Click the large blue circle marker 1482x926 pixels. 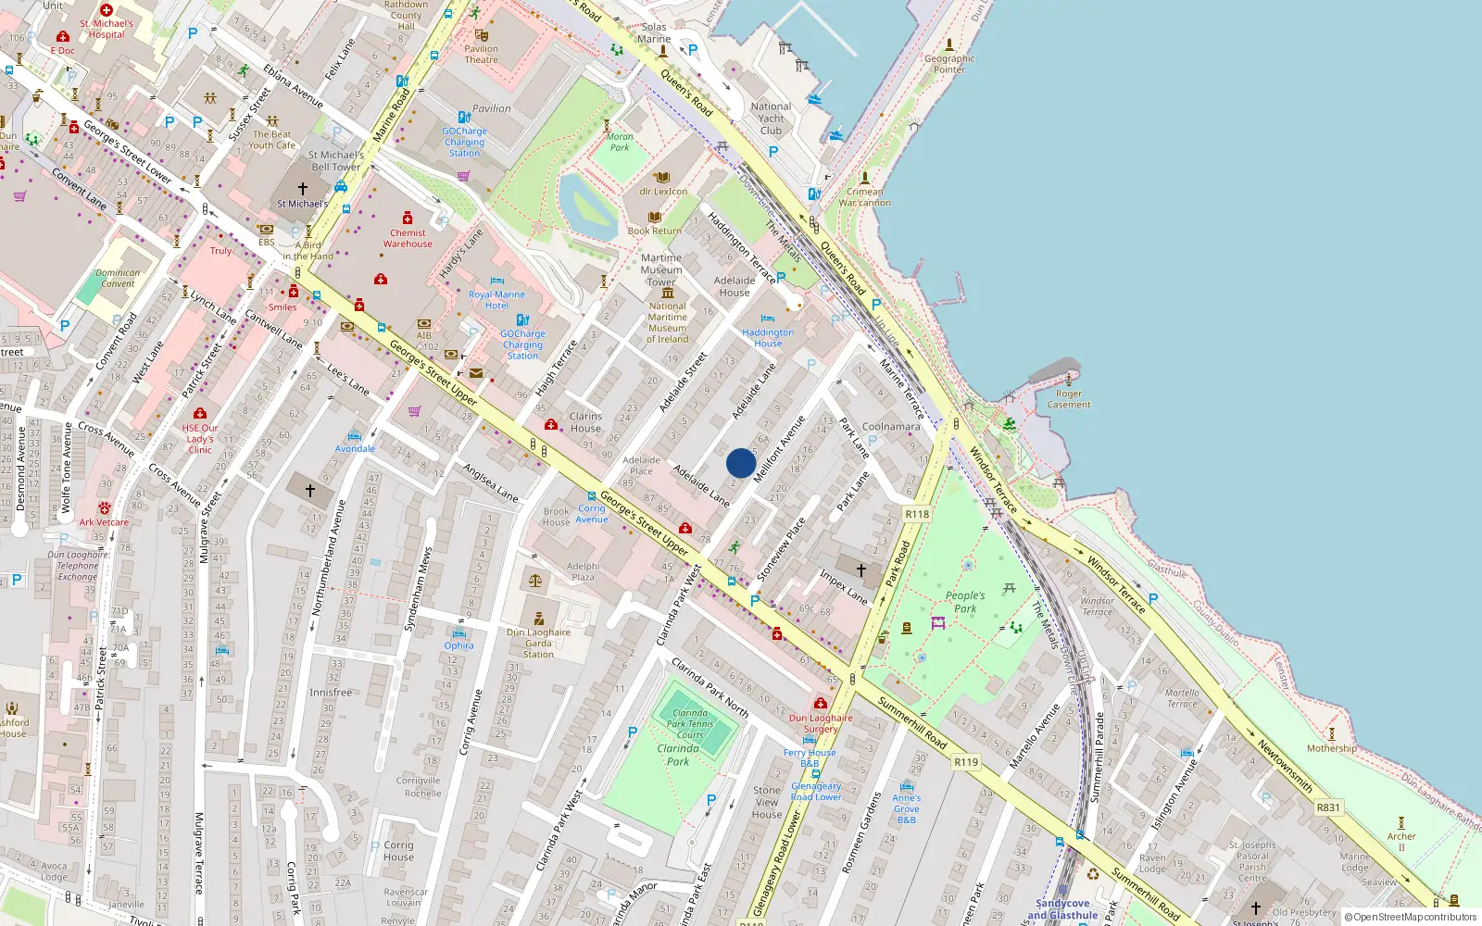(741, 463)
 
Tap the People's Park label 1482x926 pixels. (965, 602)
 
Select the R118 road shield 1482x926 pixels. (917, 514)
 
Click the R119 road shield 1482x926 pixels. (966, 762)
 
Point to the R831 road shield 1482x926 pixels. (1328, 807)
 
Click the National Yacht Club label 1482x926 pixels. (771, 119)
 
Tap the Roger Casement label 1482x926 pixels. (1069, 399)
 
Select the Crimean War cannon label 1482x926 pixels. (864, 197)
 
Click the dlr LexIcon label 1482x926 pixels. (663, 192)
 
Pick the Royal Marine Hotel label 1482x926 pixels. (496, 300)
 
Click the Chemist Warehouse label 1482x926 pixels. (408, 239)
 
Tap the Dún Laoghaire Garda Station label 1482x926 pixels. (538, 643)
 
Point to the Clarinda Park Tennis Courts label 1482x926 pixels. (690, 724)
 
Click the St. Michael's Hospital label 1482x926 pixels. (107, 29)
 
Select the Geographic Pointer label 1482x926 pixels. (949, 64)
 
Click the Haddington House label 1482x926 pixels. (768, 338)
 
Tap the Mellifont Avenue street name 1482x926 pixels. (780, 448)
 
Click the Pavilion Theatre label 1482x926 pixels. (481, 54)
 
